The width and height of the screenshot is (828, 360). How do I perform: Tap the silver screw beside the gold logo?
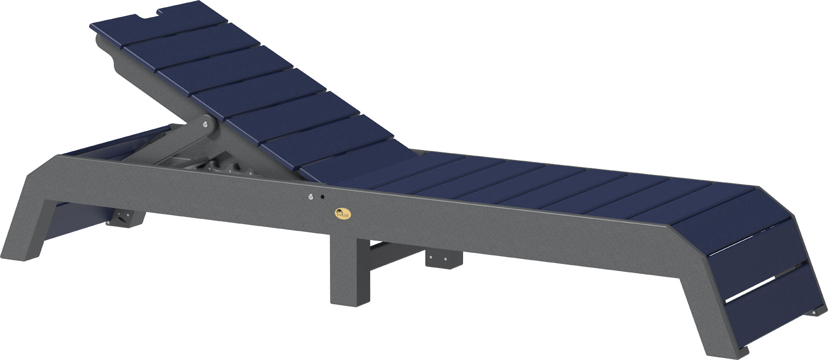[x=311, y=197]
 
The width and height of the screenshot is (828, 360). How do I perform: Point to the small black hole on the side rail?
[x=322, y=197]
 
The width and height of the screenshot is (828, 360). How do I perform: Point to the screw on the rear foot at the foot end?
[x=814, y=312]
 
